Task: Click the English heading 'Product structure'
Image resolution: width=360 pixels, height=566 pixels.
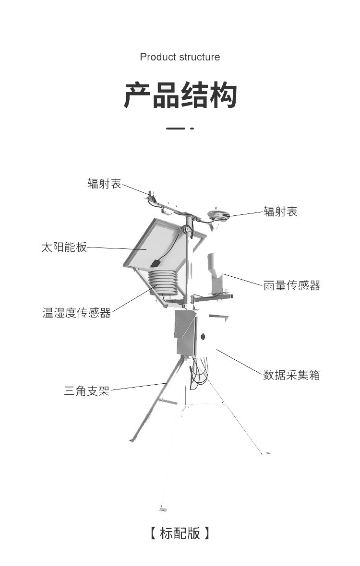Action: [180, 57]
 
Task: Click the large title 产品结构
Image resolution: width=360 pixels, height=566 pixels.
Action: [180, 96]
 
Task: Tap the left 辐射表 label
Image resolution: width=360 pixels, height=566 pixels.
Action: [104, 184]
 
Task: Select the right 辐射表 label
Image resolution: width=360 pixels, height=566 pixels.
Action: [281, 211]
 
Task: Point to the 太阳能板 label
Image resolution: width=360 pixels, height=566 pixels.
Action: [64, 248]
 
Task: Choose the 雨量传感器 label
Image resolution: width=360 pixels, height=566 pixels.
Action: [292, 286]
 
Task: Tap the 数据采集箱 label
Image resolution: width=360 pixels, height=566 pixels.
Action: [291, 375]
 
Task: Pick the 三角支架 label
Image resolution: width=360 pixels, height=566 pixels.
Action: [87, 391]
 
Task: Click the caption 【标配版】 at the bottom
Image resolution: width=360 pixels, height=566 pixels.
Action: [180, 533]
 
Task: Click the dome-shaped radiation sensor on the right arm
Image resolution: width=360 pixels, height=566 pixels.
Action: [219, 213]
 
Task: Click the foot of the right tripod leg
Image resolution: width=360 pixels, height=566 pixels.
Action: [268, 452]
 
